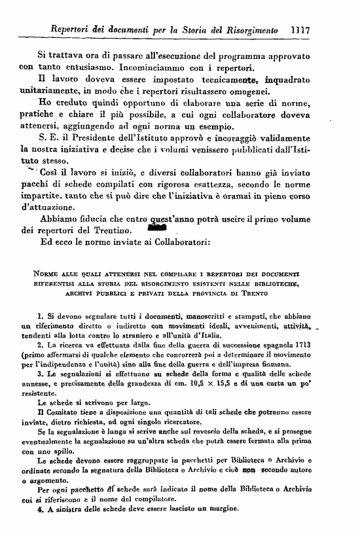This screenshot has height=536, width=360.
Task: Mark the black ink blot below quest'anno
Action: (x=158, y=229)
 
